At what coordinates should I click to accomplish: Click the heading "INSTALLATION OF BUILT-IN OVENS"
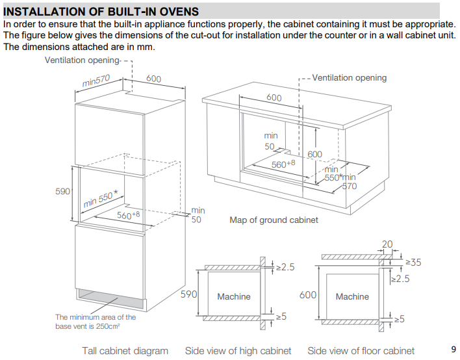point(101,12)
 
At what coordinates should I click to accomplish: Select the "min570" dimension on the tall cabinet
point(96,80)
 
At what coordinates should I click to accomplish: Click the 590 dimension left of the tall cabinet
point(62,191)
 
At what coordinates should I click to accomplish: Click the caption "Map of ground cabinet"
point(274,220)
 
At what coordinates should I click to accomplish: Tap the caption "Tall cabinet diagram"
point(125,351)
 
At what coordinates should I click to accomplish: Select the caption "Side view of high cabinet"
point(238,351)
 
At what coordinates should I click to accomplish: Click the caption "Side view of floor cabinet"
point(361,351)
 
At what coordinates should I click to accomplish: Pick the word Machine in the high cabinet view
point(233,296)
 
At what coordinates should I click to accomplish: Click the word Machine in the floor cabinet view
point(352,296)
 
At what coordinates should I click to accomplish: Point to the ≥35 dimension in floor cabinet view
point(413,263)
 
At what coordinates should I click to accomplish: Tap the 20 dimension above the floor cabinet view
point(388,244)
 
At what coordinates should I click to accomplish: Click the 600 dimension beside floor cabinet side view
point(308,295)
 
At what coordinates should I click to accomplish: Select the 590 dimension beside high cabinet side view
point(188,295)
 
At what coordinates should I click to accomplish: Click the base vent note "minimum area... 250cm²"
point(96,322)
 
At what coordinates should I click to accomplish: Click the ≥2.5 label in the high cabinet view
point(285,266)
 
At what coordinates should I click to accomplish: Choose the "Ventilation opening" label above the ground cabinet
point(349,78)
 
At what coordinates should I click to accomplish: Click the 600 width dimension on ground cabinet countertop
point(274,97)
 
